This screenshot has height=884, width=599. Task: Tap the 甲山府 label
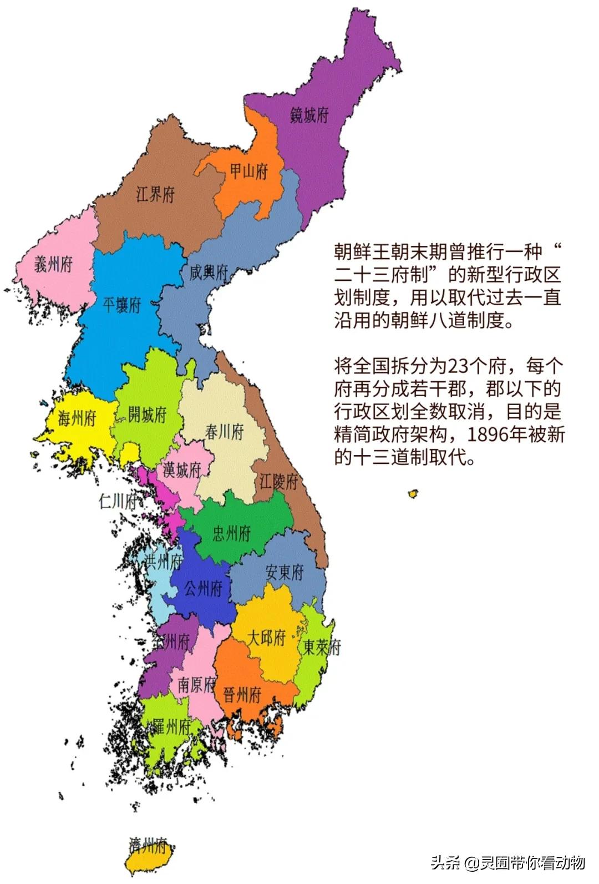point(249,171)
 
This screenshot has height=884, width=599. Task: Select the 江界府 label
point(156,195)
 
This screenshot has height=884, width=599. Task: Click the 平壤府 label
point(123,305)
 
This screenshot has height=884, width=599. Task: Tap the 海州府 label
point(77,418)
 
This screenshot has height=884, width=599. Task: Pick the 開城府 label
point(148,415)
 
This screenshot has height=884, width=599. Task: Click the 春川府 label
point(225,432)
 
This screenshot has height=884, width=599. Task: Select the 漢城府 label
point(182,471)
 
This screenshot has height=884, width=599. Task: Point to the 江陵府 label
point(279,481)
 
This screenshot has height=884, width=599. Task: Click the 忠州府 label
point(232,534)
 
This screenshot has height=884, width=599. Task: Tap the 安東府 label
point(285,572)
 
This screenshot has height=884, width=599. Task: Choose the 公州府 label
point(204,589)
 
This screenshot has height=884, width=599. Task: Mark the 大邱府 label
point(267,638)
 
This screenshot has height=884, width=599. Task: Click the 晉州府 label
point(242,694)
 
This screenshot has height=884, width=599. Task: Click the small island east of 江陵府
point(413,493)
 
